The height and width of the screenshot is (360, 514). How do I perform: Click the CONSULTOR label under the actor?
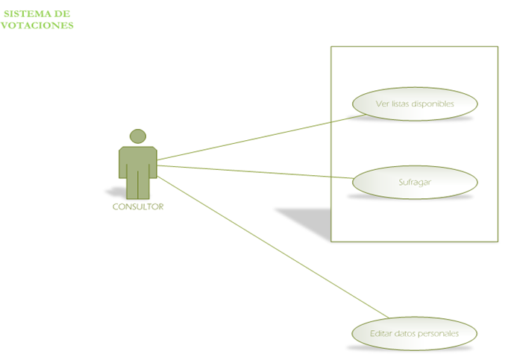137,207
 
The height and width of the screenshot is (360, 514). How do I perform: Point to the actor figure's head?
137,136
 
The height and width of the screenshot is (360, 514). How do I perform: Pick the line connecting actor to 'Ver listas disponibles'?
254,138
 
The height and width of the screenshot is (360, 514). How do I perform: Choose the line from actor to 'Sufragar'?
254,171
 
